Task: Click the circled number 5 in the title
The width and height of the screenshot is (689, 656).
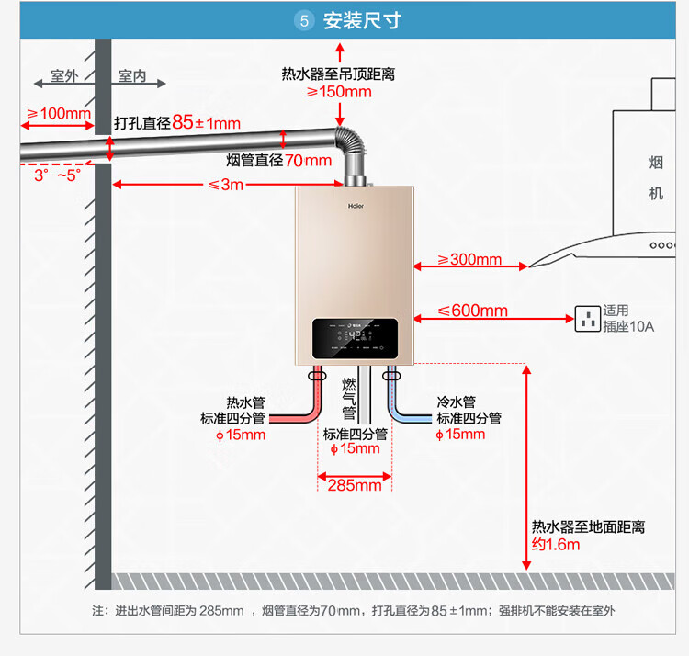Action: (x=306, y=20)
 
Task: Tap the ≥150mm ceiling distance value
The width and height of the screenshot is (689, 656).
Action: (x=339, y=91)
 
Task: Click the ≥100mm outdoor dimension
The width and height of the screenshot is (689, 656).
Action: (x=59, y=113)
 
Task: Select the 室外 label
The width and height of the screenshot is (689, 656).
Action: (x=64, y=76)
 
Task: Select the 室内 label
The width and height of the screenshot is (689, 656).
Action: (x=132, y=76)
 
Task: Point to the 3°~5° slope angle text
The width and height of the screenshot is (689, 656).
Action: (x=58, y=175)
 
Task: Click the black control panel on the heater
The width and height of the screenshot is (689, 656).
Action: (x=355, y=338)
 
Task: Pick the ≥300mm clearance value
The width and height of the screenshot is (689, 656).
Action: (x=469, y=260)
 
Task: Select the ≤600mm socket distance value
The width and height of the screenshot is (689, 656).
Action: (x=472, y=311)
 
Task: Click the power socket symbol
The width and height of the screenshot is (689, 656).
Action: (x=587, y=319)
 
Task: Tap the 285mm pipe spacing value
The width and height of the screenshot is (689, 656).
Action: (x=355, y=484)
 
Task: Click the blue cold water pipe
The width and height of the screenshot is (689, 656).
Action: (x=415, y=416)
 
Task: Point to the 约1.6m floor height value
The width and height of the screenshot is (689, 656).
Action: (x=557, y=544)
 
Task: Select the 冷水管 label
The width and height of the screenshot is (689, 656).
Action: (x=456, y=402)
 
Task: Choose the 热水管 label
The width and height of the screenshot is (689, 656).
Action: (x=245, y=402)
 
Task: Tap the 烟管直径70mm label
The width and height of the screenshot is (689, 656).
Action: (x=278, y=160)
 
